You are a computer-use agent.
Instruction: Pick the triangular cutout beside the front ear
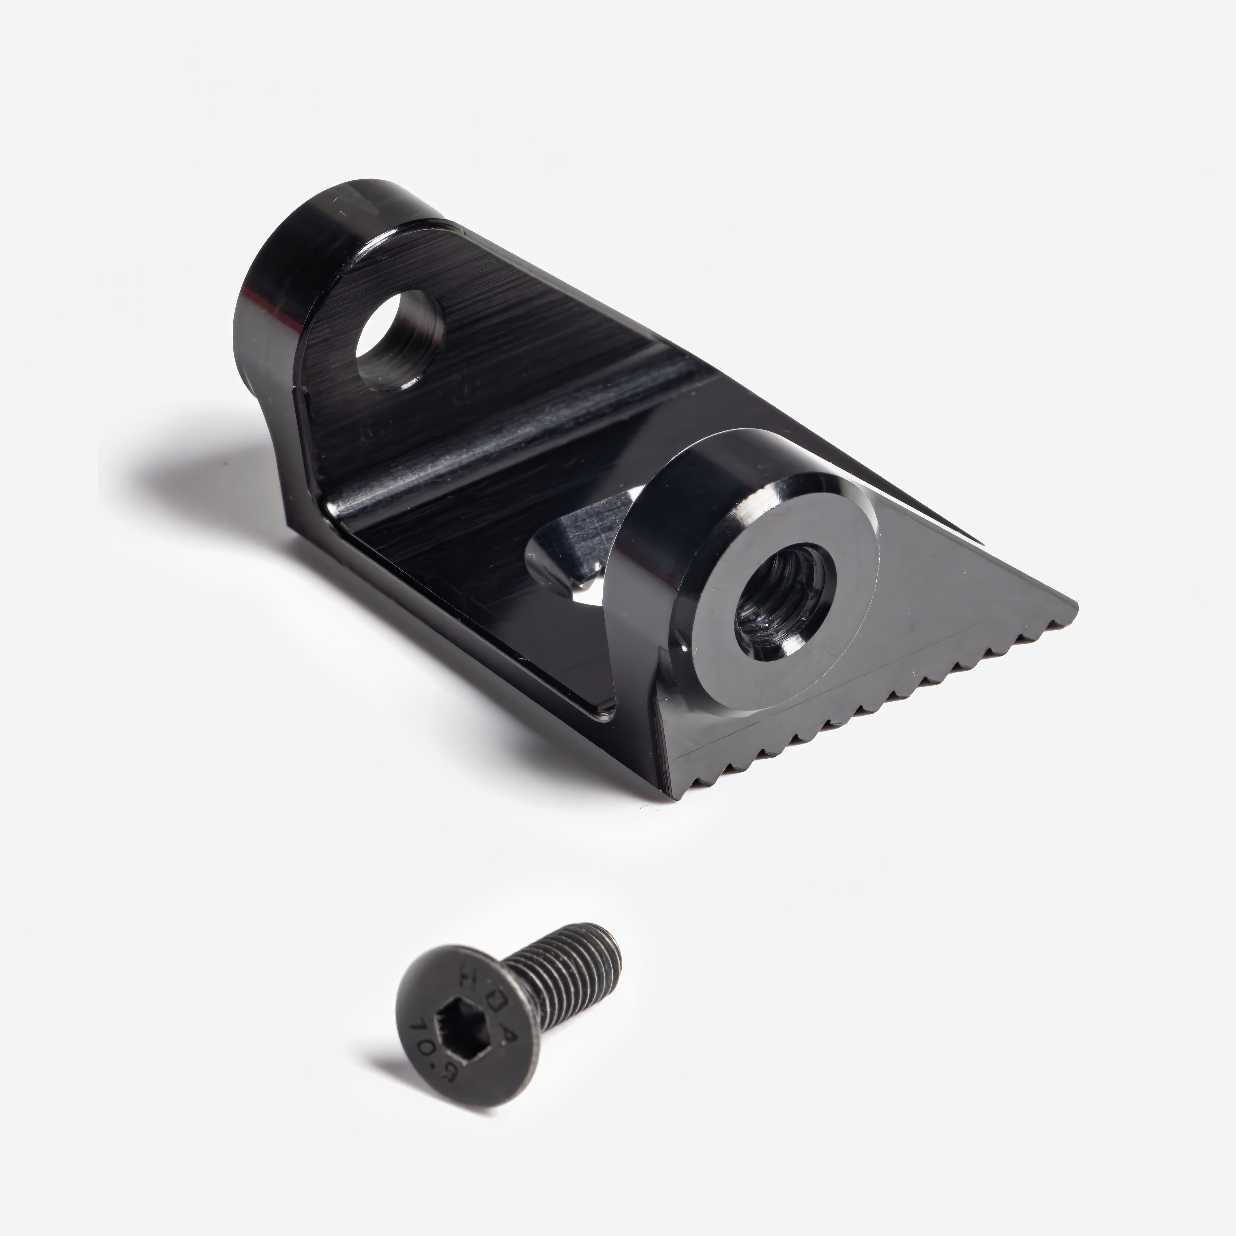tap(576, 563)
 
